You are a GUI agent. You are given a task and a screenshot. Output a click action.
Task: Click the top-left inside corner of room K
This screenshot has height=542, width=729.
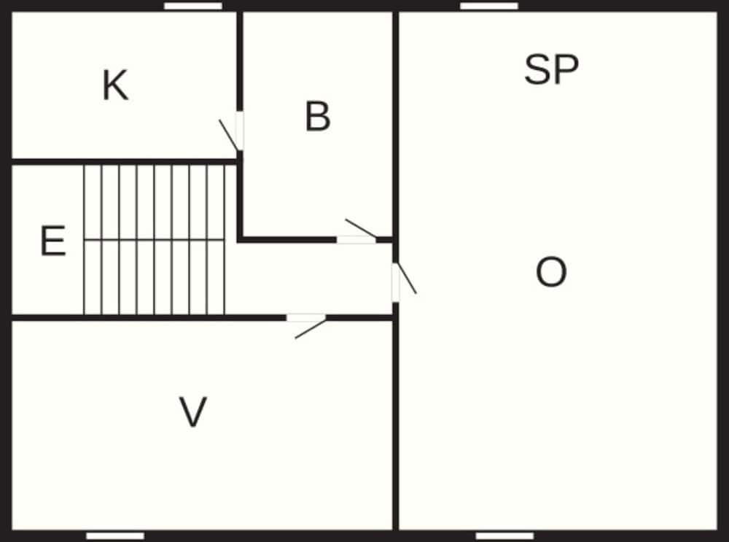(12, 12)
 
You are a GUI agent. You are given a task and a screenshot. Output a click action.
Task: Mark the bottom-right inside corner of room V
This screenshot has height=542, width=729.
(392, 530)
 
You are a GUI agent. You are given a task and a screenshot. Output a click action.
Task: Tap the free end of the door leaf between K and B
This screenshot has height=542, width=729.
(219, 120)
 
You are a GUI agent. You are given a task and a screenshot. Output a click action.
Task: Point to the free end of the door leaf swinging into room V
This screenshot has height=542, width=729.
(295, 338)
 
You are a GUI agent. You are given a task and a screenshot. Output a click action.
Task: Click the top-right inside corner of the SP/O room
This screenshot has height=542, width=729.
(717, 12)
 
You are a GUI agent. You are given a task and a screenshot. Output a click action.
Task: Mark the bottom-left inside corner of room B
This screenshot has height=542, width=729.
(243, 236)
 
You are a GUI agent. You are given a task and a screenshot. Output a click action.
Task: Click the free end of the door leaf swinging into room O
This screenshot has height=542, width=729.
(416, 293)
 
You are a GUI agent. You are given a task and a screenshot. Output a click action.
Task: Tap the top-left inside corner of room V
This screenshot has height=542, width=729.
(12, 322)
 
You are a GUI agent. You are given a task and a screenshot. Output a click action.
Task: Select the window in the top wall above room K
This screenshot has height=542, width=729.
(193, 6)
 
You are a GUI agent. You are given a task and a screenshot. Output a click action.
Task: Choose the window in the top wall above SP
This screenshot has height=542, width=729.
(489, 6)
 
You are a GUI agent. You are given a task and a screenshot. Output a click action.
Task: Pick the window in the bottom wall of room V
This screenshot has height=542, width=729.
(115, 536)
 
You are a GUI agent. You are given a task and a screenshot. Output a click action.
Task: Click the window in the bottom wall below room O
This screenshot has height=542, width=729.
(504, 536)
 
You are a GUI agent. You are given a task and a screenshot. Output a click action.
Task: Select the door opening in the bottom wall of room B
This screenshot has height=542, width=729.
(356, 239)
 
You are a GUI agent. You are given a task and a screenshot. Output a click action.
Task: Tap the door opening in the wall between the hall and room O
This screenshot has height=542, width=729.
(396, 282)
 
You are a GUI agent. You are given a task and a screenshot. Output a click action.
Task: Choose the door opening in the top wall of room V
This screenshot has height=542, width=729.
(306, 318)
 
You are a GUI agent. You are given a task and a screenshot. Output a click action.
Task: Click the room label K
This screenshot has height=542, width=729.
(115, 85)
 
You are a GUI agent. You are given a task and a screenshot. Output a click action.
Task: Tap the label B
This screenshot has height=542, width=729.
(318, 116)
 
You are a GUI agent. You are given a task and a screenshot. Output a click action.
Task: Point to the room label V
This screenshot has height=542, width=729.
(193, 411)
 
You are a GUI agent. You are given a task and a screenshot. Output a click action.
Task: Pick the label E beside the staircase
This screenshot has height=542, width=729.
(53, 240)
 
